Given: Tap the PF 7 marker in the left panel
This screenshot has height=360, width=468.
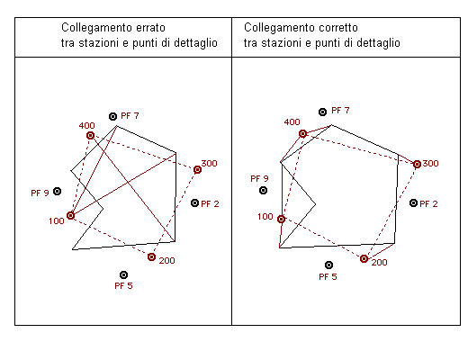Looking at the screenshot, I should (x=113, y=116).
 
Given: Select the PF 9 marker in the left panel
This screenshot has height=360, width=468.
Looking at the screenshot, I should (x=58, y=191).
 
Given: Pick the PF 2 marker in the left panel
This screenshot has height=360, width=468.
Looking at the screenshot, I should (x=194, y=203).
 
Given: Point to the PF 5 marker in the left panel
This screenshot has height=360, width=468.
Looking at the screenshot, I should (x=123, y=274).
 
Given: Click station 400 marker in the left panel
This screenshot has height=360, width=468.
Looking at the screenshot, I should (x=90, y=136).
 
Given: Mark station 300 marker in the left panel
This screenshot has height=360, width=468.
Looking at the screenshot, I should (x=197, y=169).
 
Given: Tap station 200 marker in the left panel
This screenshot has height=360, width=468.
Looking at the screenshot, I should (x=151, y=257).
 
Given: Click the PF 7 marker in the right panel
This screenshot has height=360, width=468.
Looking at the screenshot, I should (x=323, y=112).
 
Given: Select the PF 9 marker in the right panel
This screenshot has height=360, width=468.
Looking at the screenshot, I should (x=264, y=190).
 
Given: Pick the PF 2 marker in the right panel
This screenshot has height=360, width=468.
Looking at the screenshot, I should (x=414, y=203).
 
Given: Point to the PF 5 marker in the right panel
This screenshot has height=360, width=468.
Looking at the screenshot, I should (x=329, y=265).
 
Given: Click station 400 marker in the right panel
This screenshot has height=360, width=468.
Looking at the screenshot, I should (x=303, y=133).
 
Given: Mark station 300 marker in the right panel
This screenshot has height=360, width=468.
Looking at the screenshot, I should (x=417, y=164).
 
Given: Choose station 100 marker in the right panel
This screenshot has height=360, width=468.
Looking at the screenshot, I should (x=281, y=219).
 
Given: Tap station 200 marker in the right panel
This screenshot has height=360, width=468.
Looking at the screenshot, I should (x=364, y=258).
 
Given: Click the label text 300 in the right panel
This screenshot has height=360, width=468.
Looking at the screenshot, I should (x=431, y=164).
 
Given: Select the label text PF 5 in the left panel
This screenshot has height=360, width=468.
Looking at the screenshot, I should (x=124, y=286).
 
